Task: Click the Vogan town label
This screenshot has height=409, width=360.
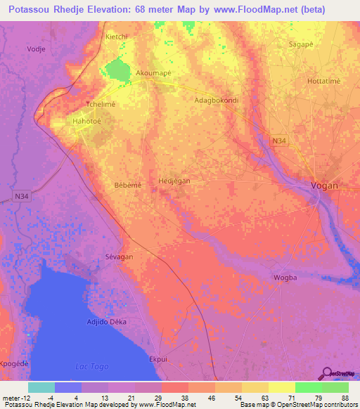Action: point(324,186)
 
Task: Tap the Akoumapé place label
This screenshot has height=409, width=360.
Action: point(153,72)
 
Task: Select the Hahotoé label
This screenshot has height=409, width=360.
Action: point(87,122)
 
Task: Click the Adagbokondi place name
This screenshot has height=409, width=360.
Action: point(216,100)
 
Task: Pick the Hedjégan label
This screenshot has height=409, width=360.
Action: point(174,181)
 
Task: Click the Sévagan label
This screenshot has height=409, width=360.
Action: point(119,257)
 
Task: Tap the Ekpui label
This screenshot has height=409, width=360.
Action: point(158,358)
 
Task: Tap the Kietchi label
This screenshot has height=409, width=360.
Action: point(115,36)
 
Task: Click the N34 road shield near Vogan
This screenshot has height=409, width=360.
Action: point(280,141)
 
